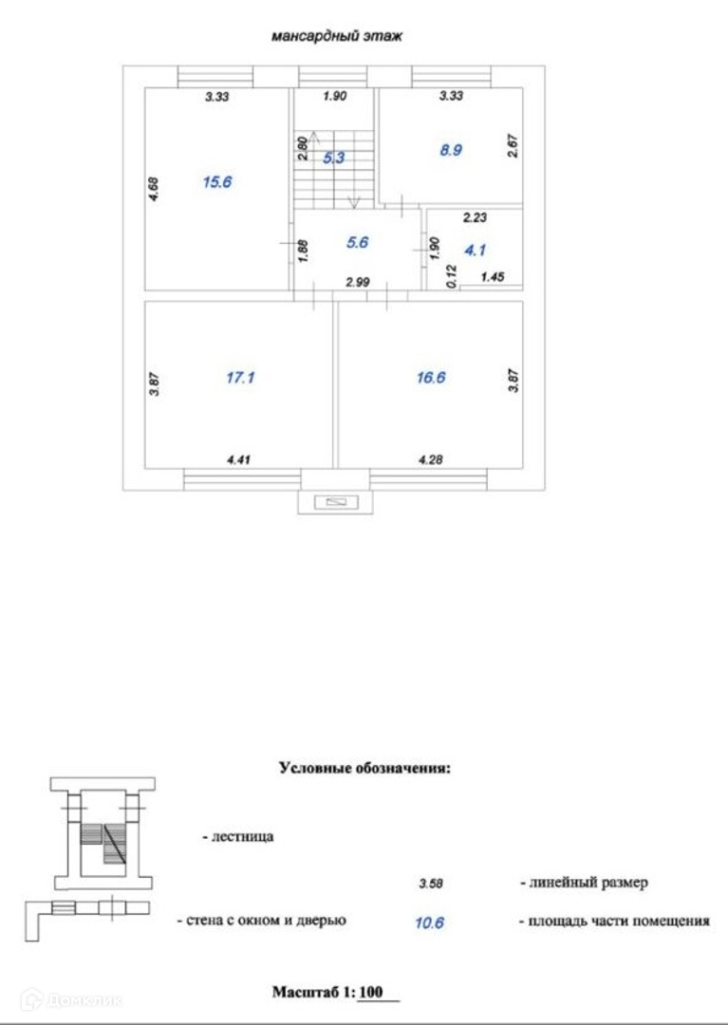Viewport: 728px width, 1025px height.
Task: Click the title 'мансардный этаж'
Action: click(337, 38)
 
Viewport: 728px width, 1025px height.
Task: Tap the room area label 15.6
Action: click(217, 182)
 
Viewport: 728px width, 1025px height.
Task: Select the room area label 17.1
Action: click(241, 378)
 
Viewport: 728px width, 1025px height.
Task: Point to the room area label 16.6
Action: click(430, 378)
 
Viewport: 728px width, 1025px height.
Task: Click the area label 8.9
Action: click(450, 149)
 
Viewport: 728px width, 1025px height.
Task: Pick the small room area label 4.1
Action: click(475, 252)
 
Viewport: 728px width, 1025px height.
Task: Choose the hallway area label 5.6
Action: click(357, 242)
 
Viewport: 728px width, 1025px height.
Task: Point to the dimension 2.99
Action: click(357, 282)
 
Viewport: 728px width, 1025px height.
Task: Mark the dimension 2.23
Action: click(475, 217)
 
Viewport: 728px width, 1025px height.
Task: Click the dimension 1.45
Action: click(494, 277)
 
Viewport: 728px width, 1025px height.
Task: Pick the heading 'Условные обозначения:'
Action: click(364, 768)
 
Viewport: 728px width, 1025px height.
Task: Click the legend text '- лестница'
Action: click(237, 837)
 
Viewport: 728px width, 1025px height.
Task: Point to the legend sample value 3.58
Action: click(431, 884)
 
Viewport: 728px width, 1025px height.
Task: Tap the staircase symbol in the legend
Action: click(103, 832)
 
